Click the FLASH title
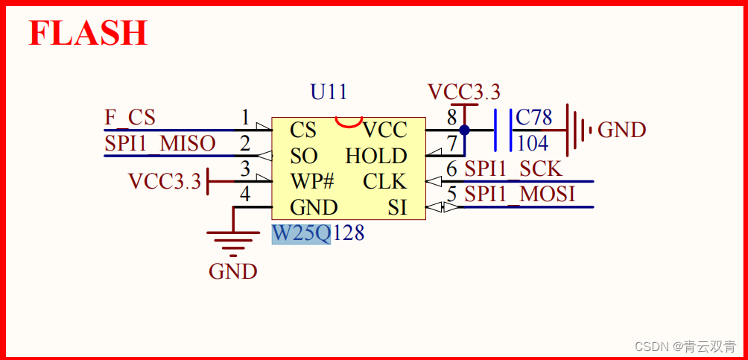point(88,34)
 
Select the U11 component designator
point(329,92)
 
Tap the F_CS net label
point(130,118)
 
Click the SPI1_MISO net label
point(159,143)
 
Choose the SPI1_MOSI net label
point(519,195)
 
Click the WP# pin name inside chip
point(312,182)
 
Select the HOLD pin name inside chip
point(376,157)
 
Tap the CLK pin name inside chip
point(384,182)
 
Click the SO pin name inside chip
point(304,157)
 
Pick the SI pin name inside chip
point(397,207)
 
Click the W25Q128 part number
point(318,233)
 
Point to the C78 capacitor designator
point(534,118)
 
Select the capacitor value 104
point(532,143)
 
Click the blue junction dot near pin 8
point(464,130)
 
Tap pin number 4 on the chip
point(245,195)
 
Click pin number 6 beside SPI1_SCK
point(451,169)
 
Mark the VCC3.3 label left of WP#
point(165,181)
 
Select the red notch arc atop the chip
point(348,121)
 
